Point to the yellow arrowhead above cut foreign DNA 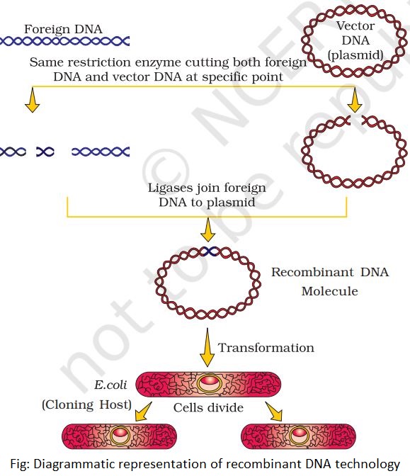[x=30, y=104]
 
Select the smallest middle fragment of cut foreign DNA [x=45, y=151]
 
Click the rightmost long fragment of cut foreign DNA [x=100, y=151]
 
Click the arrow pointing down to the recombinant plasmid [x=207, y=230]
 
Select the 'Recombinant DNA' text [x=330, y=272]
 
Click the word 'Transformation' [x=266, y=348]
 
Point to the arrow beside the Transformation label [x=207, y=347]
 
